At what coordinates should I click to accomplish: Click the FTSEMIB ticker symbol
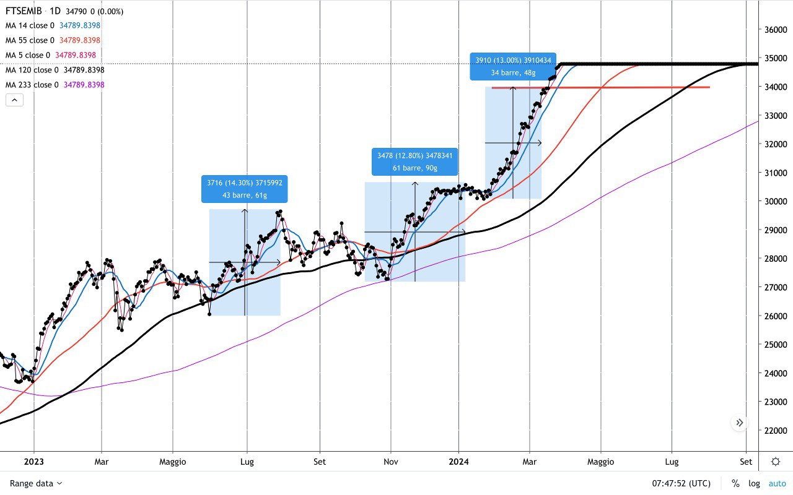pyautogui.click(x=24, y=11)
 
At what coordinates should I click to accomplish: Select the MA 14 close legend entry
pyautogui.click(x=30, y=25)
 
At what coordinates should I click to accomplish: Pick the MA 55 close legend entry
pyautogui.click(x=30, y=40)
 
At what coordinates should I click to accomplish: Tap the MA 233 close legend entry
pyautogui.click(x=32, y=85)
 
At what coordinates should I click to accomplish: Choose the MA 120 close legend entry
pyautogui.click(x=32, y=70)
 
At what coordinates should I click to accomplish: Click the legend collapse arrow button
pyautogui.click(x=14, y=100)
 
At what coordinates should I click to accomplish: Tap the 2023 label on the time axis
pyautogui.click(x=33, y=462)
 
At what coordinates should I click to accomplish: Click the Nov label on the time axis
pyautogui.click(x=390, y=462)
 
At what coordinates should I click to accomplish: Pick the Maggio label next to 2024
pyautogui.click(x=600, y=462)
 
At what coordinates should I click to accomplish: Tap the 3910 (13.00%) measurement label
pyautogui.click(x=512, y=66)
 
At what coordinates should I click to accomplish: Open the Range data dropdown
pyautogui.click(x=36, y=483)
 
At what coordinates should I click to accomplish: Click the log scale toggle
pyautogui.click(x=754, y=483)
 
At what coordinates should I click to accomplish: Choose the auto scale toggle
pyautogui.click(x=777, y=483)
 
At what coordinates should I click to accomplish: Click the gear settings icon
pyautogui.click(x=776, y=462)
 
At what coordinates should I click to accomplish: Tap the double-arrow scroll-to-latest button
pyautogui.click(x=740, y=423)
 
